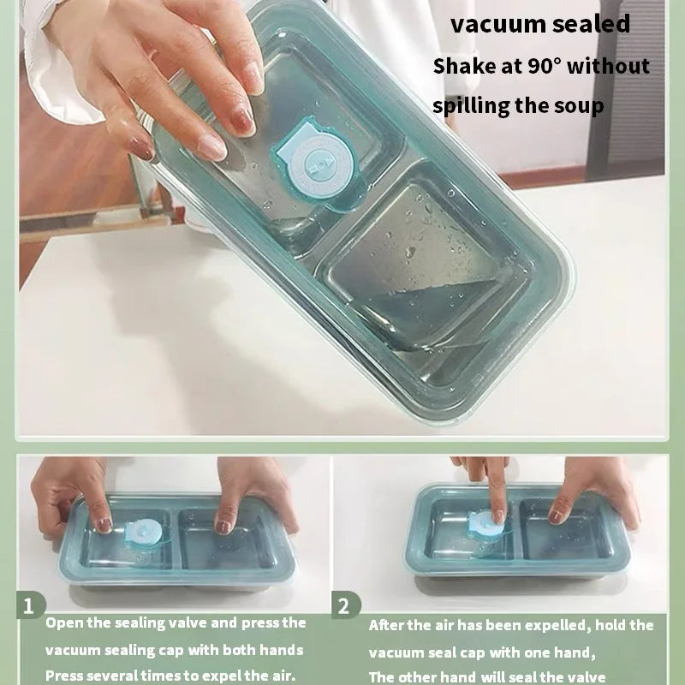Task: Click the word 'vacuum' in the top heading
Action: [497, 24]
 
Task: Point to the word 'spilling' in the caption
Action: [470, 106]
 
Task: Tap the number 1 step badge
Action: [30, 605]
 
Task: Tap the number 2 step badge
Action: [345, 605]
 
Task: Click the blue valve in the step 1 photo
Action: [143, 533]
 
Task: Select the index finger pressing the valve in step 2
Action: [497, 490]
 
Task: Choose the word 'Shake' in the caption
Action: [456, 67]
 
